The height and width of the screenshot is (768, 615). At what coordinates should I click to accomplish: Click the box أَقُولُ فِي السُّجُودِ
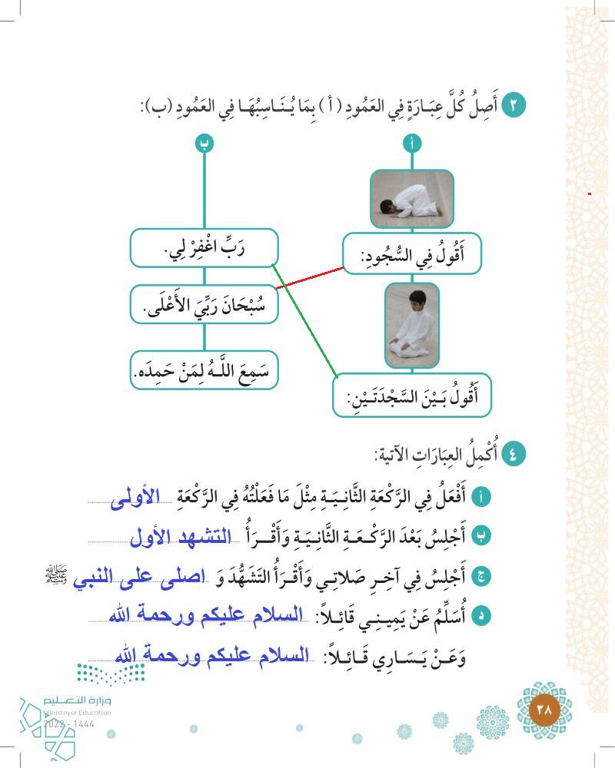click(412, 253)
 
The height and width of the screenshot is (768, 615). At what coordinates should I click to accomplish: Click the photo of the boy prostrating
click(412, 199)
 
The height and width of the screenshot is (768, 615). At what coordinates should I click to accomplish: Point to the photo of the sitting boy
click(411, 326)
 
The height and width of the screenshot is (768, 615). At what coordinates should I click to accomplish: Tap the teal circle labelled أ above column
click(412, 142)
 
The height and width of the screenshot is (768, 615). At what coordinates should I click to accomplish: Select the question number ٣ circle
click(513, 105)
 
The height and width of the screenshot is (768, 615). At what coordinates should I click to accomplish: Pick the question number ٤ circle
click(513, 454)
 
